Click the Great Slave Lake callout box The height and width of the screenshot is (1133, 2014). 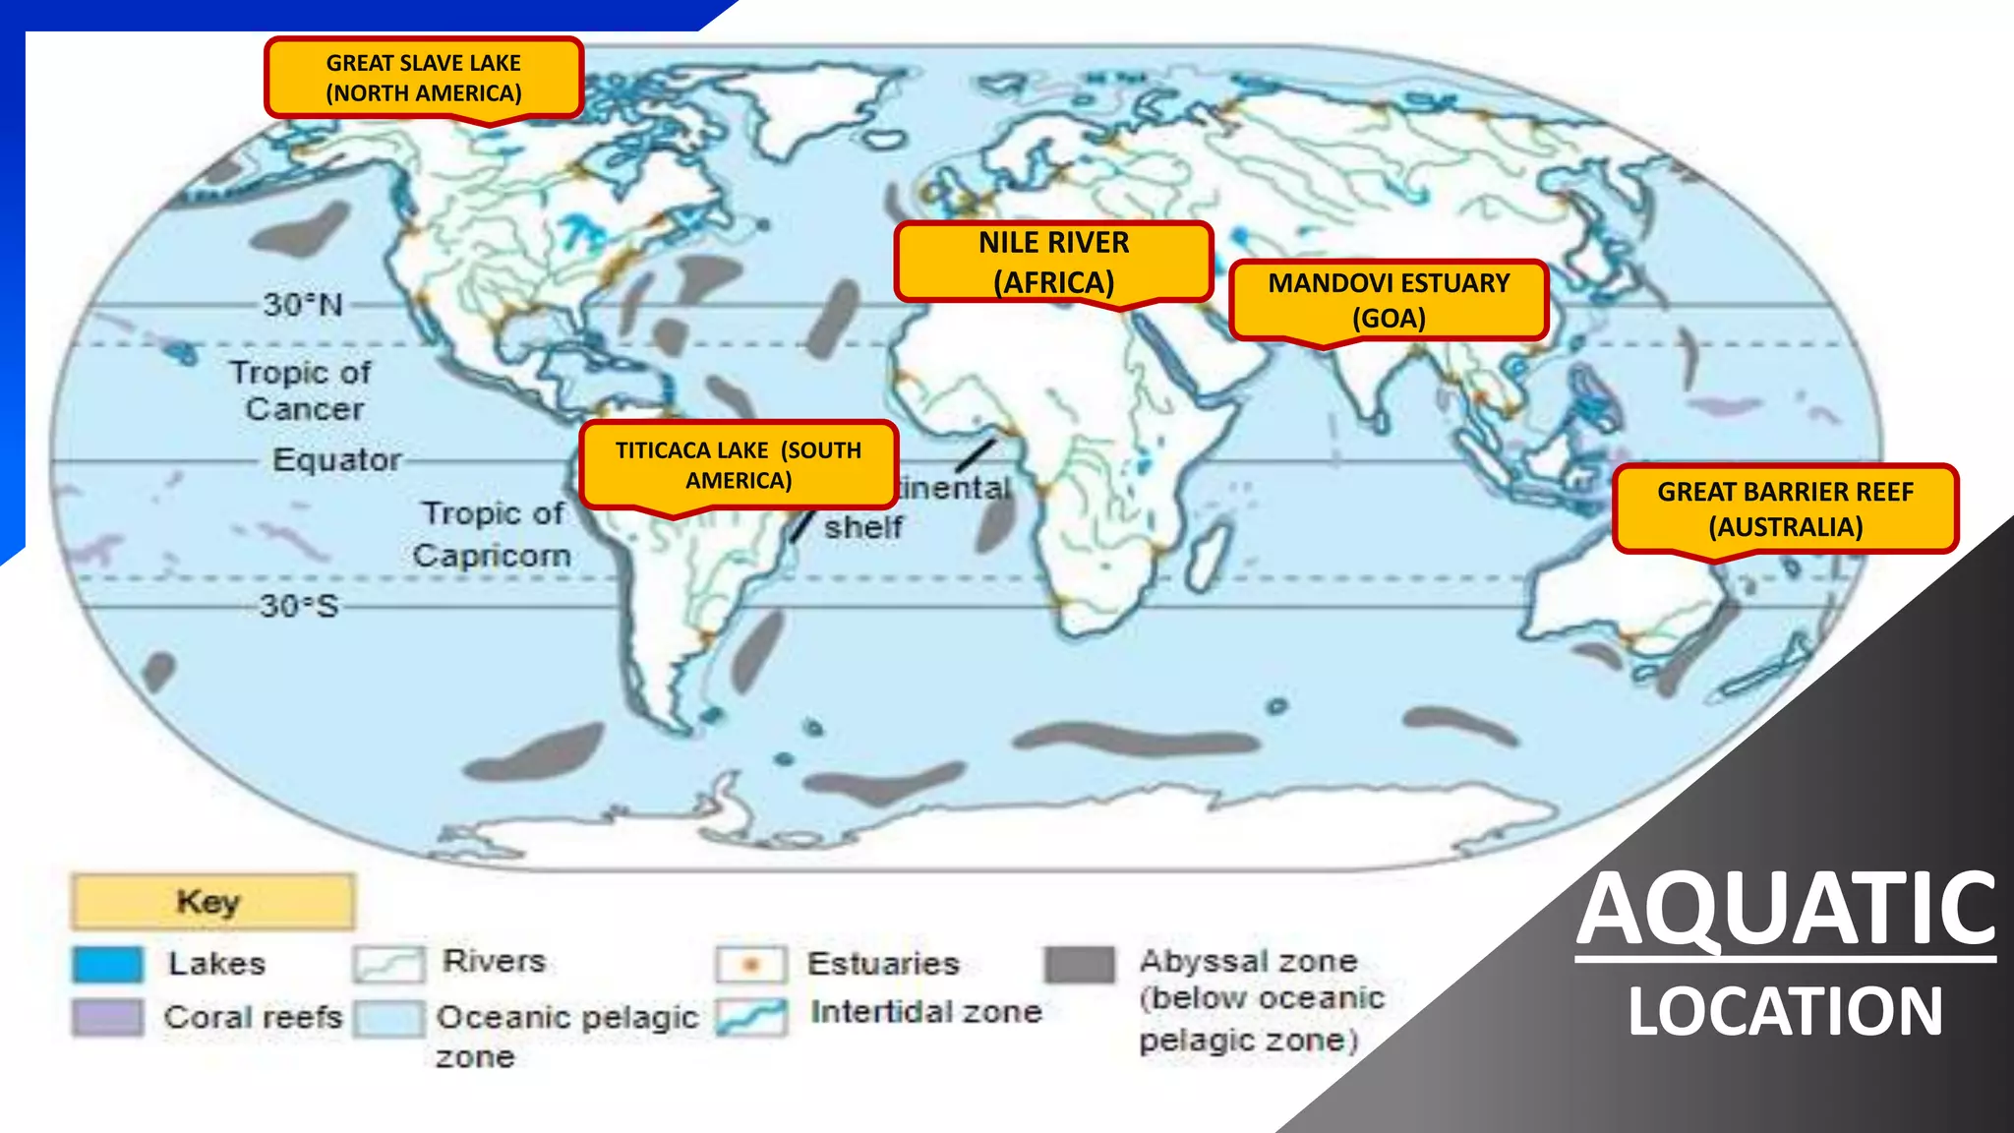pos(424,78)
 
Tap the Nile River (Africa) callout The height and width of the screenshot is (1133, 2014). pos(1053,262)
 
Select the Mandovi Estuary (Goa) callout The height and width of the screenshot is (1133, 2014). pos(1389,300)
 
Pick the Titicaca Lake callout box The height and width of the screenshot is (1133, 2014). pos(739,465)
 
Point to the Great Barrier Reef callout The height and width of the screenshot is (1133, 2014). pos(1785,508)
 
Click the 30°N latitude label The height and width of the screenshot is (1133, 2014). pos(303,305)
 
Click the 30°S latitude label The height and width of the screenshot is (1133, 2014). pos(299,606)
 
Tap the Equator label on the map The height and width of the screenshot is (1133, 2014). pos(336,459)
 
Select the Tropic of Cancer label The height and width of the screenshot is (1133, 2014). pos(302,390)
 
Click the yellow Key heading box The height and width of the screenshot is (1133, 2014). pos(212,901)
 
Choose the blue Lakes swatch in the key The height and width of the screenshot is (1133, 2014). pos(107,964)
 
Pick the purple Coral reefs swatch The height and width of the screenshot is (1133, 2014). pos(107,1017)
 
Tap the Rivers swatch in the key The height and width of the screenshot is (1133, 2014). pos(389,964)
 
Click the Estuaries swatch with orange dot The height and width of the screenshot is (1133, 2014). pos(751,964)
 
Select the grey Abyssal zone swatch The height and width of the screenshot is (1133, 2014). pos(1080,964)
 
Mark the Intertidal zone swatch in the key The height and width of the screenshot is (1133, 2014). pos(751,1016)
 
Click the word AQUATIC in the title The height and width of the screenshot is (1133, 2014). pos(1785,909)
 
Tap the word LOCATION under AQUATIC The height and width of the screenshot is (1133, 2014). pos(1785,1011)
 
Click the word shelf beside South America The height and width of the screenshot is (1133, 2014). pos(863,527)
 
